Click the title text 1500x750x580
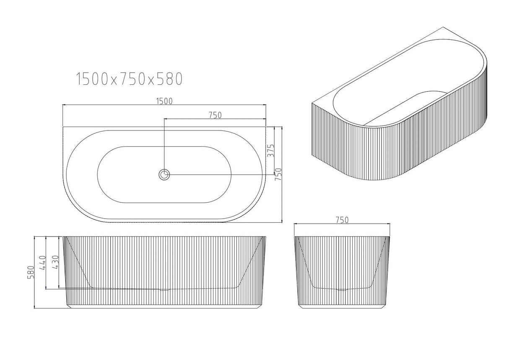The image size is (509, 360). [x=129, y=78]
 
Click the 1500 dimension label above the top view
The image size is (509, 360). [x=164, y=101]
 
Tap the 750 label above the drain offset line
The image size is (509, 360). [x=214, y=115]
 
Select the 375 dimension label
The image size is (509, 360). [x=271, y=150]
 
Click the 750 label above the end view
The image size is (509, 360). [x=342, y=220]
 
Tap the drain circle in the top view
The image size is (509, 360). [x=164, y=174]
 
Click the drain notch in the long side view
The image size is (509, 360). [x=165, y=289]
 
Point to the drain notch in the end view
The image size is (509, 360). [x=342, y=289]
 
